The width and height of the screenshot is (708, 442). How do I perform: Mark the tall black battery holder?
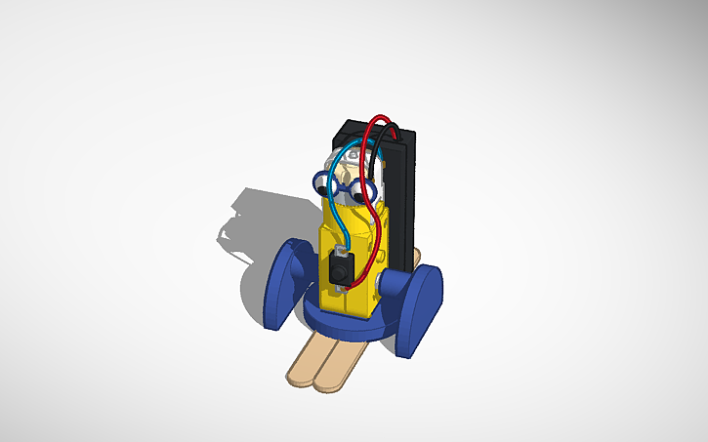pos(400,195)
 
